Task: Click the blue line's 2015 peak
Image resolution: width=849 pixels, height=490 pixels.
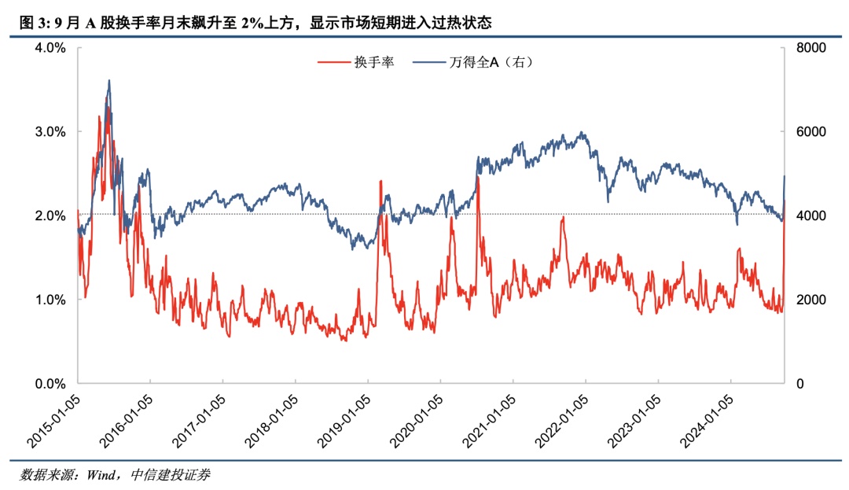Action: pos(108,80)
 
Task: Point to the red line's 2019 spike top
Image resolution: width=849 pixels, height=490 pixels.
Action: pos(380,182)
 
